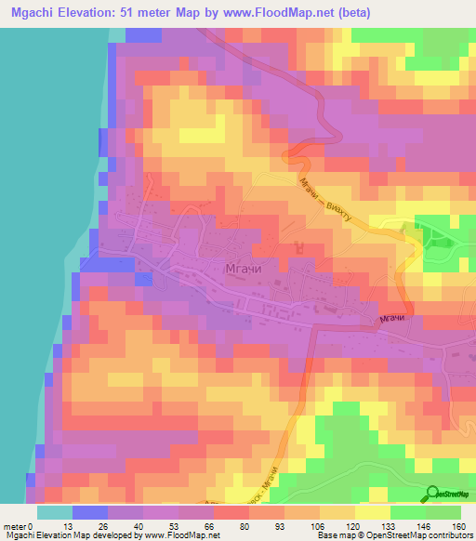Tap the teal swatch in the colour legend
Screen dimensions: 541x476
point(55,511)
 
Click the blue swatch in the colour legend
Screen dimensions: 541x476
point(90,511)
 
